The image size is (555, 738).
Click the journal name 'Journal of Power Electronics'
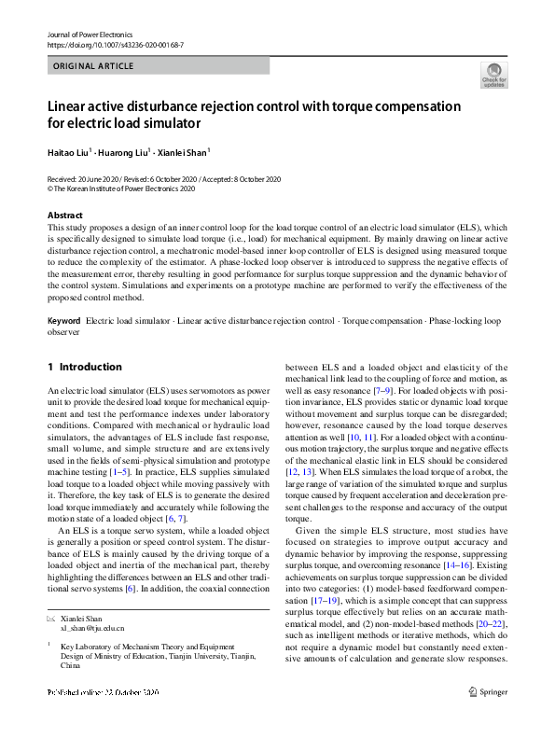[x=88, y=34]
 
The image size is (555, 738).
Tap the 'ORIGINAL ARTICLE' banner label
[x=93, y=66]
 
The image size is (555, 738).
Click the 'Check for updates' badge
[x=493, y=76]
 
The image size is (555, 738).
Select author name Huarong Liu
[x=130, y=151]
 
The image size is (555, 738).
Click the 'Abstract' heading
[x=64, y=216]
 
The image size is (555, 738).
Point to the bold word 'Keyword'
[x=64, y=321]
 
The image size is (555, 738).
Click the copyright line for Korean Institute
[x=121, y=188]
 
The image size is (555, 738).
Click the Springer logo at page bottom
[x=488, y=717]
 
